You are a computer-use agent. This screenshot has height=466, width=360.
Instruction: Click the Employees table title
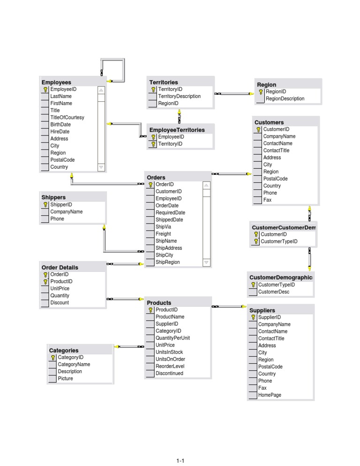click(56, 82)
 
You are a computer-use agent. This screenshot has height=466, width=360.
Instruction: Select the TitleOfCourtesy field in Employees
click(67, 117)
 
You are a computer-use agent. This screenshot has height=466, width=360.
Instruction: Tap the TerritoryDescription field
click(179, 96)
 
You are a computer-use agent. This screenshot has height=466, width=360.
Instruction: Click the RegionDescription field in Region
click(285, 99)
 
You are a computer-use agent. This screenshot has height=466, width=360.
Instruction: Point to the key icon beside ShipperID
click(45, 205)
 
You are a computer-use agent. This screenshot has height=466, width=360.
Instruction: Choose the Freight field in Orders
click(163, 234)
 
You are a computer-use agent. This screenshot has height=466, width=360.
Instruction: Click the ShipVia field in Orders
click(164, 227)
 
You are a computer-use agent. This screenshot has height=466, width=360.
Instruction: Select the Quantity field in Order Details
click(60, 296)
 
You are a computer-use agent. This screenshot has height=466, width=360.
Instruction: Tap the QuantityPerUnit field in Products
click(172, 338)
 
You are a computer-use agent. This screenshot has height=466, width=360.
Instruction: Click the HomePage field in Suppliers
click(270, 395)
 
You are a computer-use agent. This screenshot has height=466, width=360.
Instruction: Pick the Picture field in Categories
click(66, 379)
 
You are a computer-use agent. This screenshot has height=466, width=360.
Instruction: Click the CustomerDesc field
click(274, 292)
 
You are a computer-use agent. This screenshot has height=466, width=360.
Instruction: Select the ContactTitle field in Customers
click(276, 150)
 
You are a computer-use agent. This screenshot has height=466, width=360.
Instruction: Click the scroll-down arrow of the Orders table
click(206, 263)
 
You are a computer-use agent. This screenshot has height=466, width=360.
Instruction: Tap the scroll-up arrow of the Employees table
click(101, 90)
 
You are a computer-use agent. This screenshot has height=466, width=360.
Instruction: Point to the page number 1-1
click(180, 461)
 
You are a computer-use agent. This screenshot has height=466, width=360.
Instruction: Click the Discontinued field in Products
click(169, 374)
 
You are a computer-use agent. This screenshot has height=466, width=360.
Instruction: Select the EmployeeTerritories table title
click(177, 130)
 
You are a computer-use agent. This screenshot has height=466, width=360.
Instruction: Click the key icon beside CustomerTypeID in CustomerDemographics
click(253, 285)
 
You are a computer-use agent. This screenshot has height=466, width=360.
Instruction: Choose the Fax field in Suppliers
click(262, 388)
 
